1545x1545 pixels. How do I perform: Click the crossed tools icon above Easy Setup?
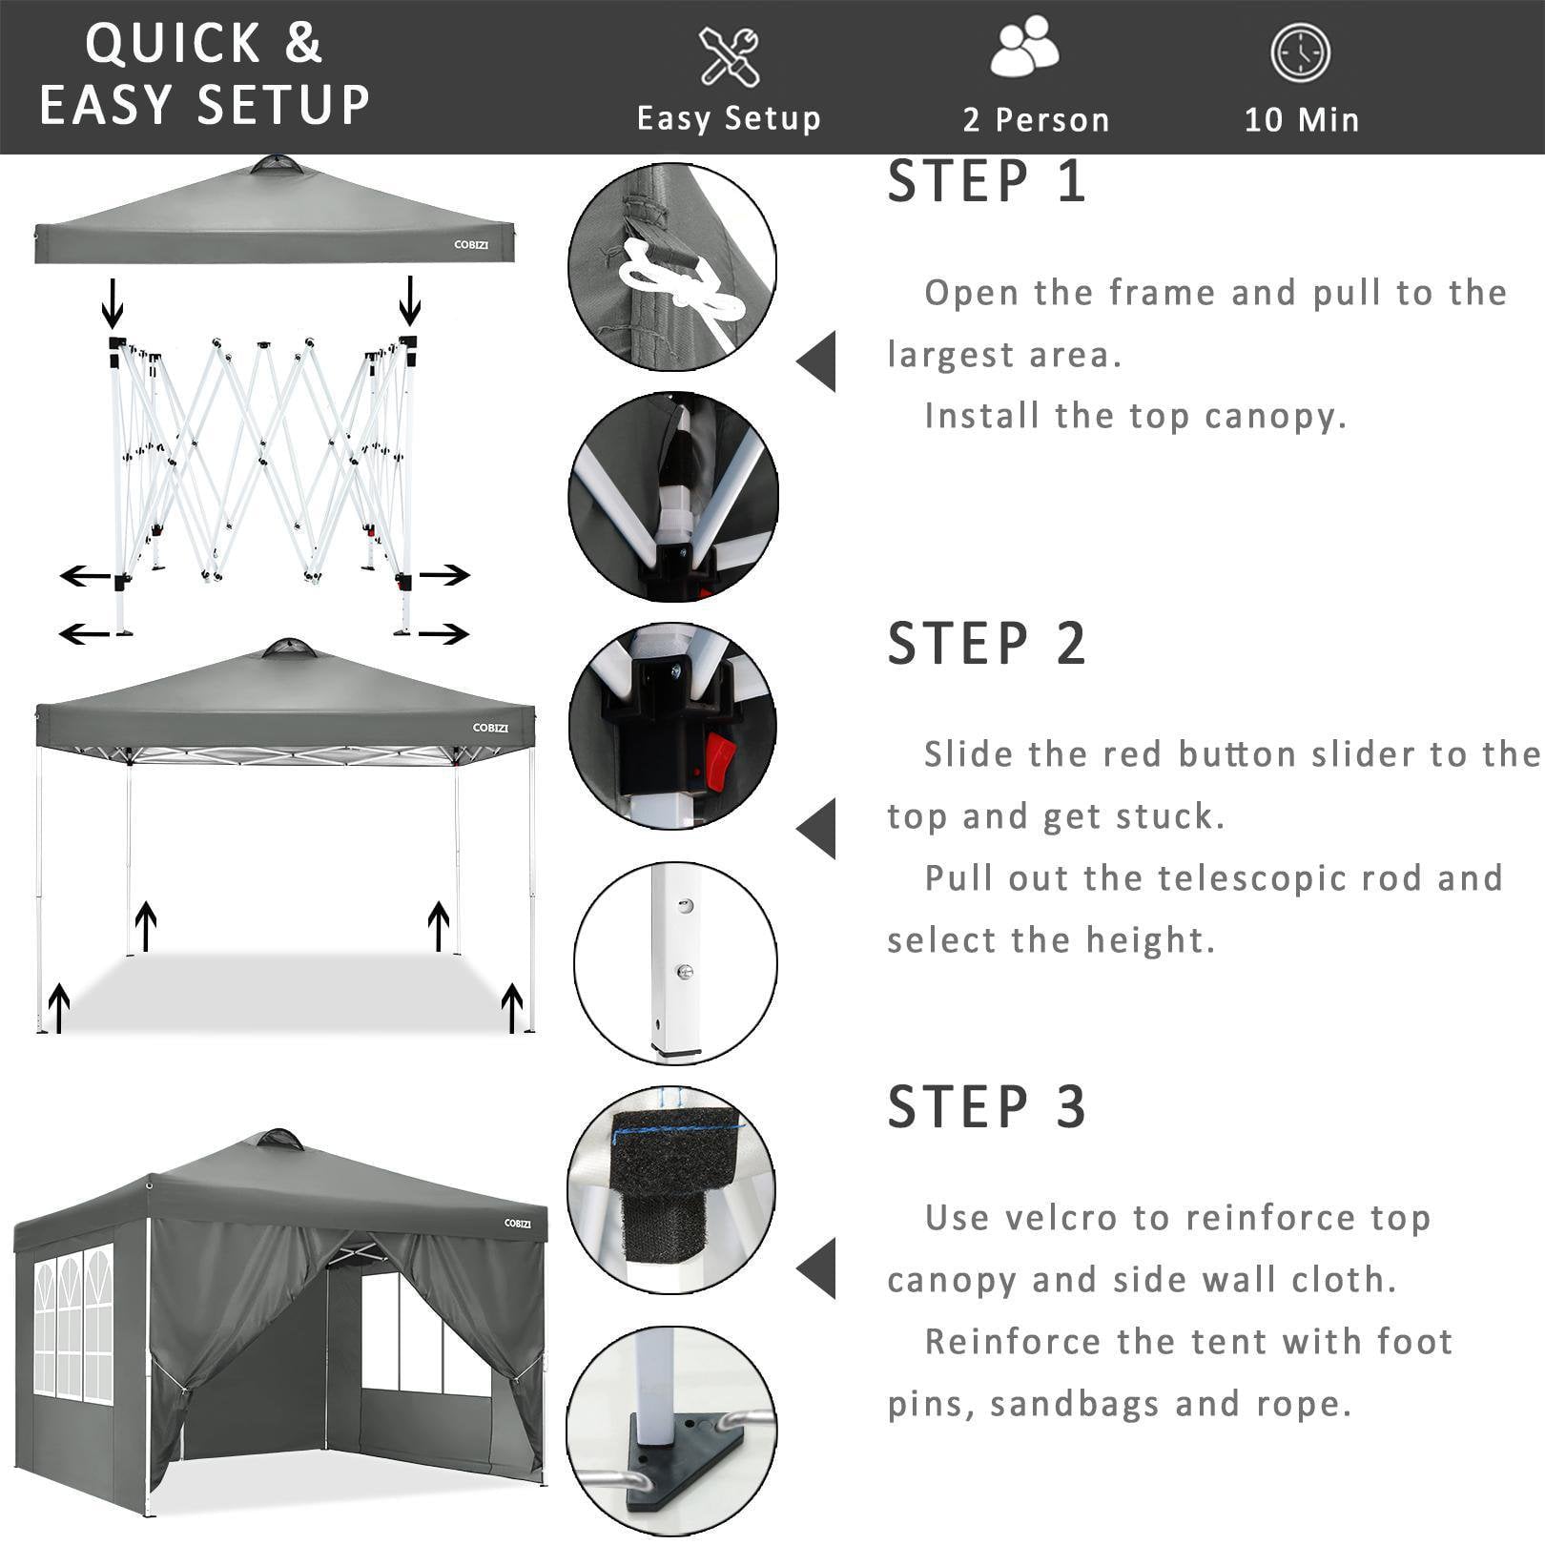tap(730, 56)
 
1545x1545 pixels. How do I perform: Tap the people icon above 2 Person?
tap(1024, 50)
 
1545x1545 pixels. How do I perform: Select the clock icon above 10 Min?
tap(1300, 52)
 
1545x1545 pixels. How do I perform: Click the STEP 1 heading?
tap(987, 181)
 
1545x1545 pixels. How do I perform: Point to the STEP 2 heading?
tap(987, 644)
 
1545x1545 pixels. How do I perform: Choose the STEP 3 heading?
tap(987, 1107)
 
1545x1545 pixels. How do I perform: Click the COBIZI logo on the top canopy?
tap(471, 245)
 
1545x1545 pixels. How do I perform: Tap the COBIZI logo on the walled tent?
tap(518, 1224)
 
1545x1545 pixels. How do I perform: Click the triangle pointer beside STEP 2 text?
tap(817, 828)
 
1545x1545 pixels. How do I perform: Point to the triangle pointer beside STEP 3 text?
tap(817, 1267)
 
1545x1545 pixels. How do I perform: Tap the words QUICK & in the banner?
tap(204, 44)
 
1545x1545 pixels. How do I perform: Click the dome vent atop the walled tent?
tap(277, 1140)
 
